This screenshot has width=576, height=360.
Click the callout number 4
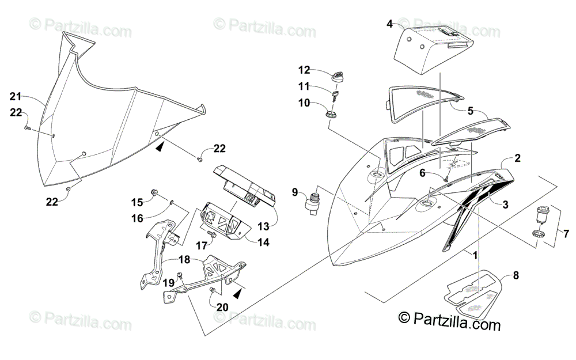pos(389,24)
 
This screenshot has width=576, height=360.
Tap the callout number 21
pos(15,96)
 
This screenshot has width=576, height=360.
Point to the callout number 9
pos(294,192)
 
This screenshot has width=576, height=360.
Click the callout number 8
pos(516,275)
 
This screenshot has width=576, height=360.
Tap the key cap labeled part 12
pos(338,75)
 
